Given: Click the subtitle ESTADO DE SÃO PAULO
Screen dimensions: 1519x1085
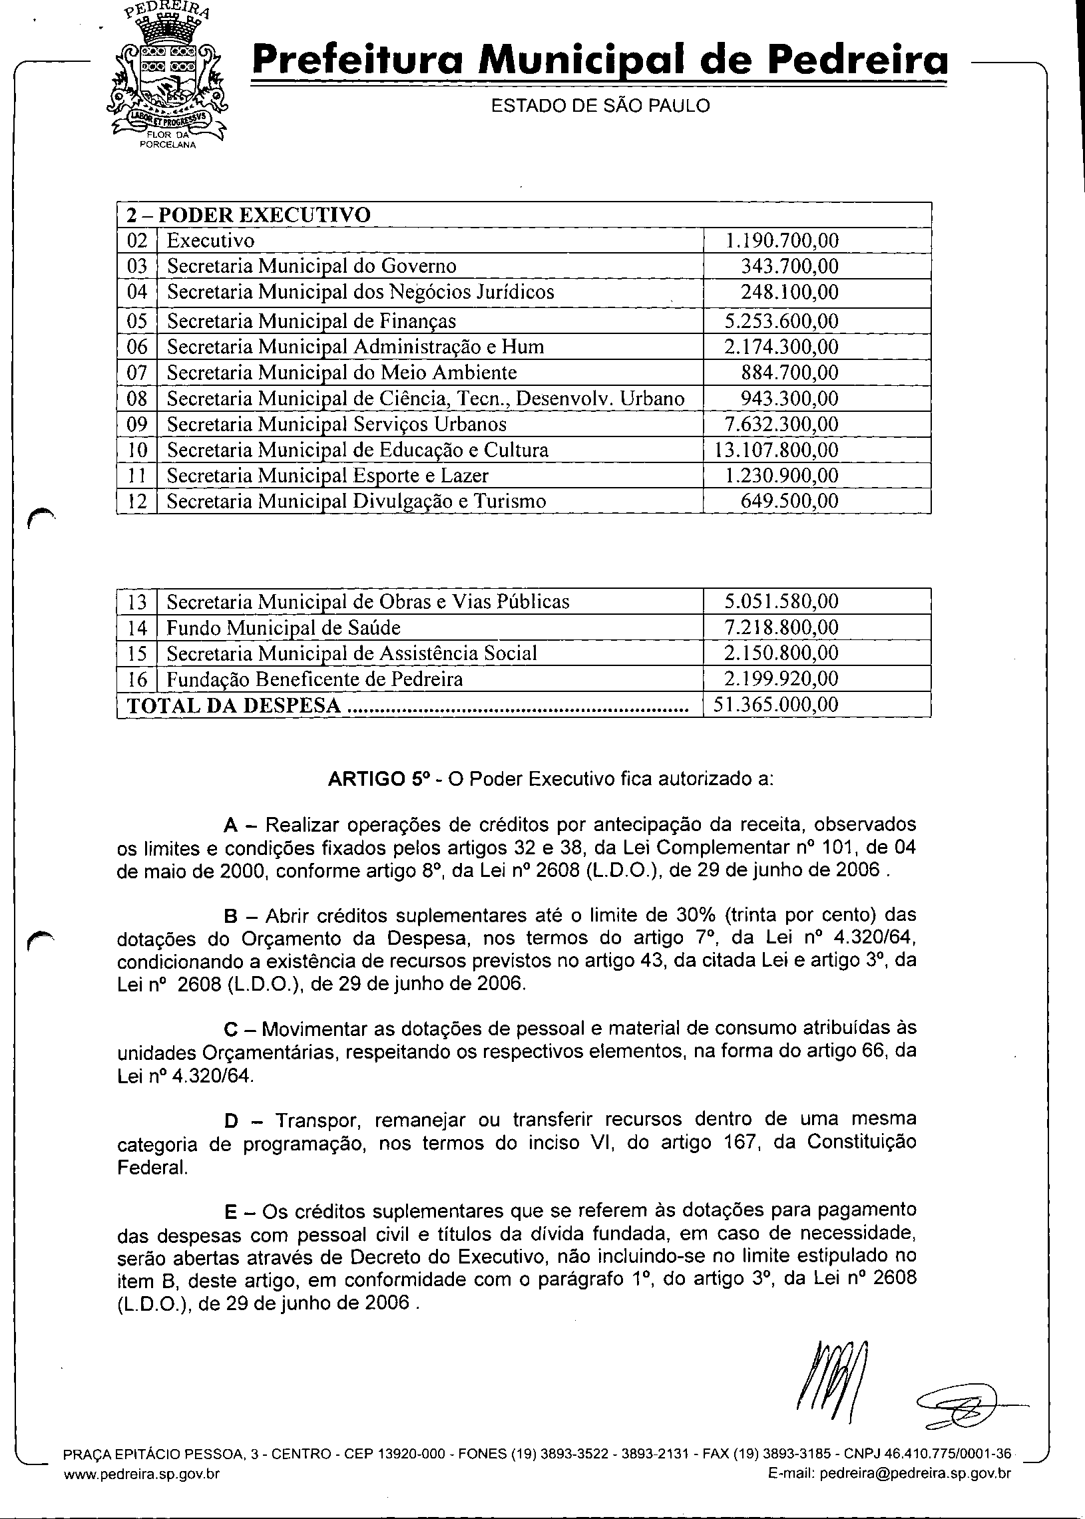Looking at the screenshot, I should click(600, 106).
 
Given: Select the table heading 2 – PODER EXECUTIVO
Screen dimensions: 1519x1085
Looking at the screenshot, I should click(248, 216).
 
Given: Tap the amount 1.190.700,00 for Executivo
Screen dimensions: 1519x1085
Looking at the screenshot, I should click(781, 241).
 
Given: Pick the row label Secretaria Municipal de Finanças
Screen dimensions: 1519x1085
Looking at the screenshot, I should click(312, 321).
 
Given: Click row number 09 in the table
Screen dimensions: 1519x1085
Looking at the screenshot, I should click(137, 424).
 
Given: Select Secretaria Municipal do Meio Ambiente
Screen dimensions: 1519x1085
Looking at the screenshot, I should click(341, 373).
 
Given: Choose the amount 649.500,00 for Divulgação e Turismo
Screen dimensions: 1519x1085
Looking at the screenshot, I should click(789, 502).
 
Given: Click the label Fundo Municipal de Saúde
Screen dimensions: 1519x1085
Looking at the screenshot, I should click(284, 628).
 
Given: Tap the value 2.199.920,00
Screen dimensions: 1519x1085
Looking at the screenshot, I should click(781, 679).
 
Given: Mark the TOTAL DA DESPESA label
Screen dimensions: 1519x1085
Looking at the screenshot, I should click(234, 706).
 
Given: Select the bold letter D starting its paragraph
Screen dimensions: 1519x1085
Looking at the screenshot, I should click(231, 1120).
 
